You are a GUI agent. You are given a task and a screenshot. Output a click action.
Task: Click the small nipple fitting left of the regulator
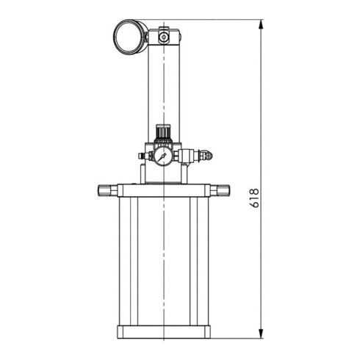pyautogui.click(x=141, y=156)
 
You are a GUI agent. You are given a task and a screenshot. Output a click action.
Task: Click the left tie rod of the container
pyautogui.click(x=129, y=261)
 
